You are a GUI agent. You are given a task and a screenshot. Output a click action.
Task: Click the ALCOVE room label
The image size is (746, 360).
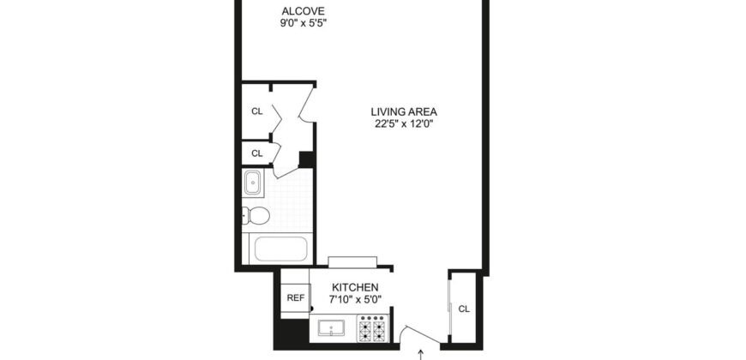304,11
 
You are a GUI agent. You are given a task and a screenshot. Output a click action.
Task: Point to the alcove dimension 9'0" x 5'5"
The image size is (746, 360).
304,24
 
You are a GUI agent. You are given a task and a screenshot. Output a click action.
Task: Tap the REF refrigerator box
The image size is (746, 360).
295,298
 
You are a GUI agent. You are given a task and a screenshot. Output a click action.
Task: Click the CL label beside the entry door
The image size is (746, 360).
463,309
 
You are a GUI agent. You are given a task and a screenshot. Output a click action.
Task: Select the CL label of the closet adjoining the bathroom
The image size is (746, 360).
256,153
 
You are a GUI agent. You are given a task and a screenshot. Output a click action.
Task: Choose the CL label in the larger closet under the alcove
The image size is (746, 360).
256,111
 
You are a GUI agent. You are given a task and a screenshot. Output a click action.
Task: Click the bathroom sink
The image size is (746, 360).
254,183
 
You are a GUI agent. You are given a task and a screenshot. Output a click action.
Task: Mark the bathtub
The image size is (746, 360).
280,249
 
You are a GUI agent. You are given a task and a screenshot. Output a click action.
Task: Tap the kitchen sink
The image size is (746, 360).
330,329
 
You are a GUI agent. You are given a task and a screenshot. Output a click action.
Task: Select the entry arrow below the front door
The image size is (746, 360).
420,352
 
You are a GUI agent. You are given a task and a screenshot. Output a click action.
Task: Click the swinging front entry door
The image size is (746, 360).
418,333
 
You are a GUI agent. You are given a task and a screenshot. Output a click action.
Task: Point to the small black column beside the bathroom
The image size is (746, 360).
306,159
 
